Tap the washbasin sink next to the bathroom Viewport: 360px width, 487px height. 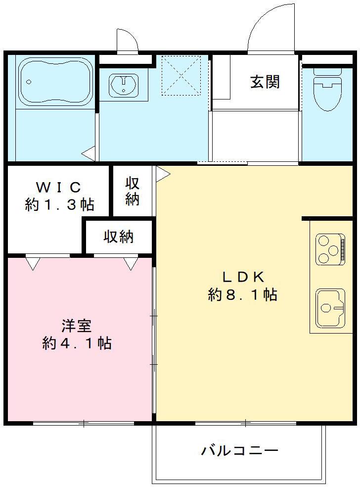click(124, 84)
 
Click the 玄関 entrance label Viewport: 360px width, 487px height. click(265, 82)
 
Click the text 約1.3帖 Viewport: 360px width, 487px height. click(59, 204)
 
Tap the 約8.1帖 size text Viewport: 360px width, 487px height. click(242, 295)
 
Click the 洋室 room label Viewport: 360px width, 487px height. click(77, 326)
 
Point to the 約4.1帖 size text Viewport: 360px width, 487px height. click(77, 343)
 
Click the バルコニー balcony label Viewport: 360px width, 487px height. click(239, 451)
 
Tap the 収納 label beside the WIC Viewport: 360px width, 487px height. click(132, 191)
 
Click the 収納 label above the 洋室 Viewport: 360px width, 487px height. click(118, 237)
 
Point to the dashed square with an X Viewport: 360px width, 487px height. click(181, 75)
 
